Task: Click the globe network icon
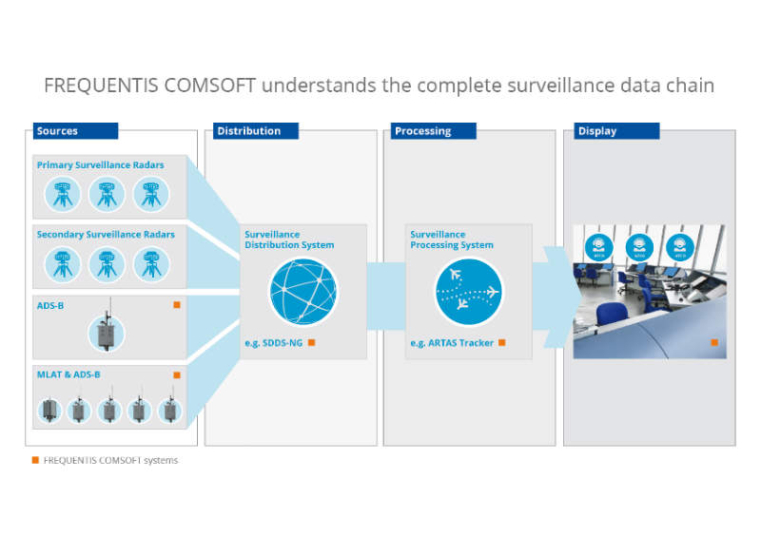click(x=302, y=292)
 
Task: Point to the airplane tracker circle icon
click(x=468, y=292)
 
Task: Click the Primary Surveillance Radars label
click(x=100, y=165)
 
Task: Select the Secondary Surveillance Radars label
click(x=106, y=234)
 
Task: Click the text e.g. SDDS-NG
click(x=273, y=342)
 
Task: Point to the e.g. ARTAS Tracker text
click(x=452, y=342)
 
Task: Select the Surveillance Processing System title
click(x=452, y=240)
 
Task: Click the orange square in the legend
click(x=35, y=460)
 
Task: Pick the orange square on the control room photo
click(x=712, y=342)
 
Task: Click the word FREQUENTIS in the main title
click(x=96, y=86)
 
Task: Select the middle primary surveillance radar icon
click(x=107, y=193)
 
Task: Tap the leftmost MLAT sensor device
click(x=48, y=410)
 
